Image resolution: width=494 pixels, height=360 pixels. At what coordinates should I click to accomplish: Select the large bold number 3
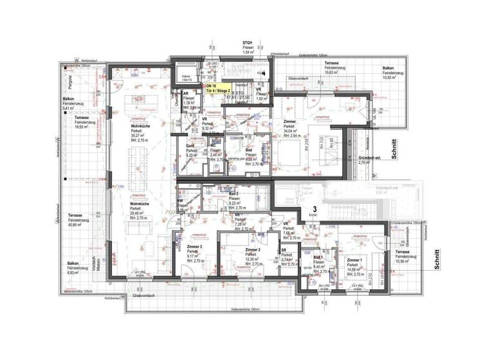314,209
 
